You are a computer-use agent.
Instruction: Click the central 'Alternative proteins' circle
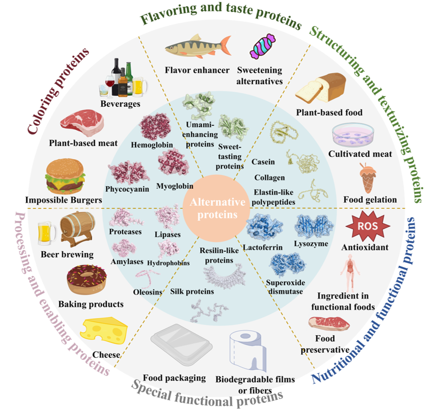[x=217, y=208]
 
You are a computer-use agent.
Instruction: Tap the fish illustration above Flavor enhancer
[x=198, y=46]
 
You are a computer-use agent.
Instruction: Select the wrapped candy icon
[x=263, y=46]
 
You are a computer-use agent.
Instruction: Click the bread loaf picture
[x=321, y=88]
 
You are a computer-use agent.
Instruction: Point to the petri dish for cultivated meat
[x=353, y=135]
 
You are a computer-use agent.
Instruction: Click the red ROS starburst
[x=368, y=226]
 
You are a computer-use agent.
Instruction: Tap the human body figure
[x=350, y=273]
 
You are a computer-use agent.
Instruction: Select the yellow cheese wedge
[x=104, y=331]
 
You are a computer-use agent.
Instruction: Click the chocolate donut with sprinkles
[x=87, y=279]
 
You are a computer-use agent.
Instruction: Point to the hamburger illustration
[x=66, y=176]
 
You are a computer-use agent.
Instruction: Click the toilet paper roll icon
[x=248, y=351]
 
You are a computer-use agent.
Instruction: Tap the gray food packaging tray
[x=182, y=345]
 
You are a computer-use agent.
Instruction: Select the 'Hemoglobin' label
[x=152, y=145]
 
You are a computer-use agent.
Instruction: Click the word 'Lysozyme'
[x=311, y=244]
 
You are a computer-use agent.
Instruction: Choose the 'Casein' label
[x=263, y=162]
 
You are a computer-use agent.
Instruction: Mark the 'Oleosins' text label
[x=148, y=292]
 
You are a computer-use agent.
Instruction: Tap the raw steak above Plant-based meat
[x=82, y=123]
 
